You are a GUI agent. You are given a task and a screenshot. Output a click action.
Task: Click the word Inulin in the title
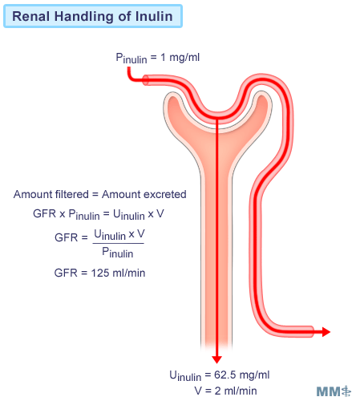(154, 16)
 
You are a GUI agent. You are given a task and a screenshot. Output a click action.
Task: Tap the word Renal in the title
(31, 16)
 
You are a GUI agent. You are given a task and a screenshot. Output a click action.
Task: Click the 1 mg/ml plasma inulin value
(180, 57)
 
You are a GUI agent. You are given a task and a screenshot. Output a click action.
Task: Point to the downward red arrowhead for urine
(216, 359)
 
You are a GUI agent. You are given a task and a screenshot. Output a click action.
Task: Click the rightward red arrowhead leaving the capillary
(326, 332)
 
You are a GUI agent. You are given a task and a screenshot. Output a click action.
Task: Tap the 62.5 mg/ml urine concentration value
(241, 375)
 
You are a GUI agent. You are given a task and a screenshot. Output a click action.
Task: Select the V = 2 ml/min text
(225, 391)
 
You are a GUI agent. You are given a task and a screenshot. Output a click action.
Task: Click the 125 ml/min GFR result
(118, 273)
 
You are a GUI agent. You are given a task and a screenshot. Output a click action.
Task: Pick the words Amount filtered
(51, 194)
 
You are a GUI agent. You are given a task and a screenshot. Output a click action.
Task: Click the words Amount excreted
(144, 194)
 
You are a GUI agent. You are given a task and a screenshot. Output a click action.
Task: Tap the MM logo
(334, 391)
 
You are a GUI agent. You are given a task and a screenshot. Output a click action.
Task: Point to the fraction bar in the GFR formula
(118, 243)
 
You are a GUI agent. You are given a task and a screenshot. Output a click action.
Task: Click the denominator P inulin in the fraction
(118, 253)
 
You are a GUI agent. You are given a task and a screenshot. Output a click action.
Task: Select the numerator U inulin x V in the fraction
(119, 235)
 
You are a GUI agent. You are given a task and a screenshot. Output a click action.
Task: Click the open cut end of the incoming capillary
(145, 80)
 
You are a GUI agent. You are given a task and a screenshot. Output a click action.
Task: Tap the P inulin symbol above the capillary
(131, 58)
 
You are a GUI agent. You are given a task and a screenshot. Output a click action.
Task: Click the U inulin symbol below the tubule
(185, 375)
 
